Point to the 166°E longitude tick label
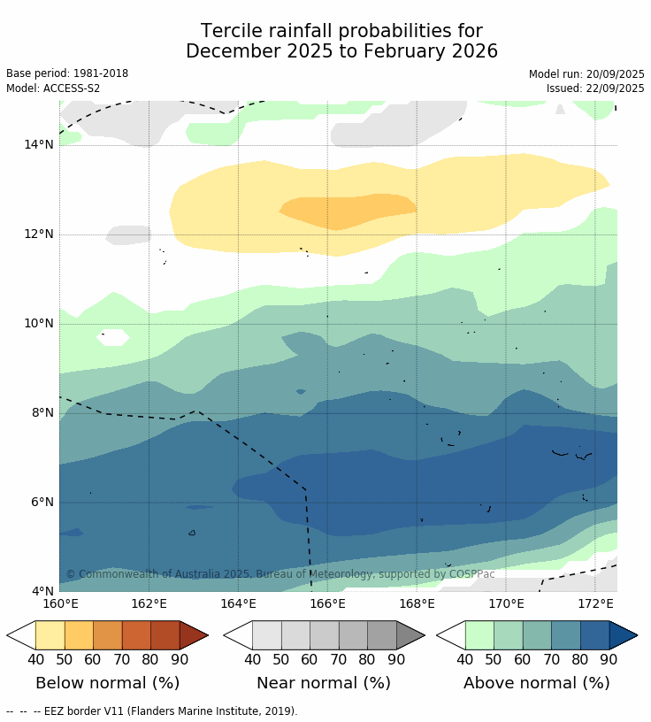[327, 603]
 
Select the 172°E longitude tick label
[595, 603]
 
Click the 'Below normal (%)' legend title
[107, 683]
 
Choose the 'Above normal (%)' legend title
[536, 683]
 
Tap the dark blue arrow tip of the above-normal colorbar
[624, 635]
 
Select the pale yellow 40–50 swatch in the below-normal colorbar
[50, 635]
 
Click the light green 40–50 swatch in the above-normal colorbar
[479, 635]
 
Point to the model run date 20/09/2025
[616, 74]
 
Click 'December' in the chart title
[232, 51]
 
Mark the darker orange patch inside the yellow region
[349, 210]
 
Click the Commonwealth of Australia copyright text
[280, 574]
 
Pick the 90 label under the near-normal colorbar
[396, 659]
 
